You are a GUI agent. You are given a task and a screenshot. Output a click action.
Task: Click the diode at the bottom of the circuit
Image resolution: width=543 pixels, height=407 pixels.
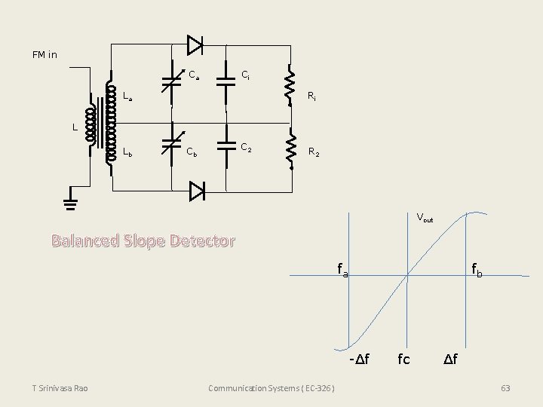196,191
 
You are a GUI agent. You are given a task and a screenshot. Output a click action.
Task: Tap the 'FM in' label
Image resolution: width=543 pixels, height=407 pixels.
44,55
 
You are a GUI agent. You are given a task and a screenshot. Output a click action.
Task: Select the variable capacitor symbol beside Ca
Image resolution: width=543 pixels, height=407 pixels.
172,81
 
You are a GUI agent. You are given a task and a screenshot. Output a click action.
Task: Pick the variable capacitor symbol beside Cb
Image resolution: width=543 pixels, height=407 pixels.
172,145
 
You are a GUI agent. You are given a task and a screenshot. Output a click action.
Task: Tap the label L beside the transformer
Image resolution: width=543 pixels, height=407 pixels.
75,127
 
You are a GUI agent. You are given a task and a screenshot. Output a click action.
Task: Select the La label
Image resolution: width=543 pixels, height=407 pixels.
127,96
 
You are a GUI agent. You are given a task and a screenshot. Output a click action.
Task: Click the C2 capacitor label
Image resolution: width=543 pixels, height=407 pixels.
247,146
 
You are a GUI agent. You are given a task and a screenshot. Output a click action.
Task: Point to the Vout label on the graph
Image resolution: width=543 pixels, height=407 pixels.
425,219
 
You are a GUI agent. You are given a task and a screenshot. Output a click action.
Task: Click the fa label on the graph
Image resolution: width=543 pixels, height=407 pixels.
342,268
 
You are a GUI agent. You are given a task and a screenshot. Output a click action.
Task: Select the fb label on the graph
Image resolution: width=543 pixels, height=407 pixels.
477,268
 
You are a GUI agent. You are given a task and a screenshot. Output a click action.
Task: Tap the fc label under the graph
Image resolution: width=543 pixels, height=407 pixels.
403,359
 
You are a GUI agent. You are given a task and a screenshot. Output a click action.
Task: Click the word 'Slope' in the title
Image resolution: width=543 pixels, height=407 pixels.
141,241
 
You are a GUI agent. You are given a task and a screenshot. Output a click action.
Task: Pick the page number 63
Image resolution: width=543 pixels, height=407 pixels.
505,388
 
